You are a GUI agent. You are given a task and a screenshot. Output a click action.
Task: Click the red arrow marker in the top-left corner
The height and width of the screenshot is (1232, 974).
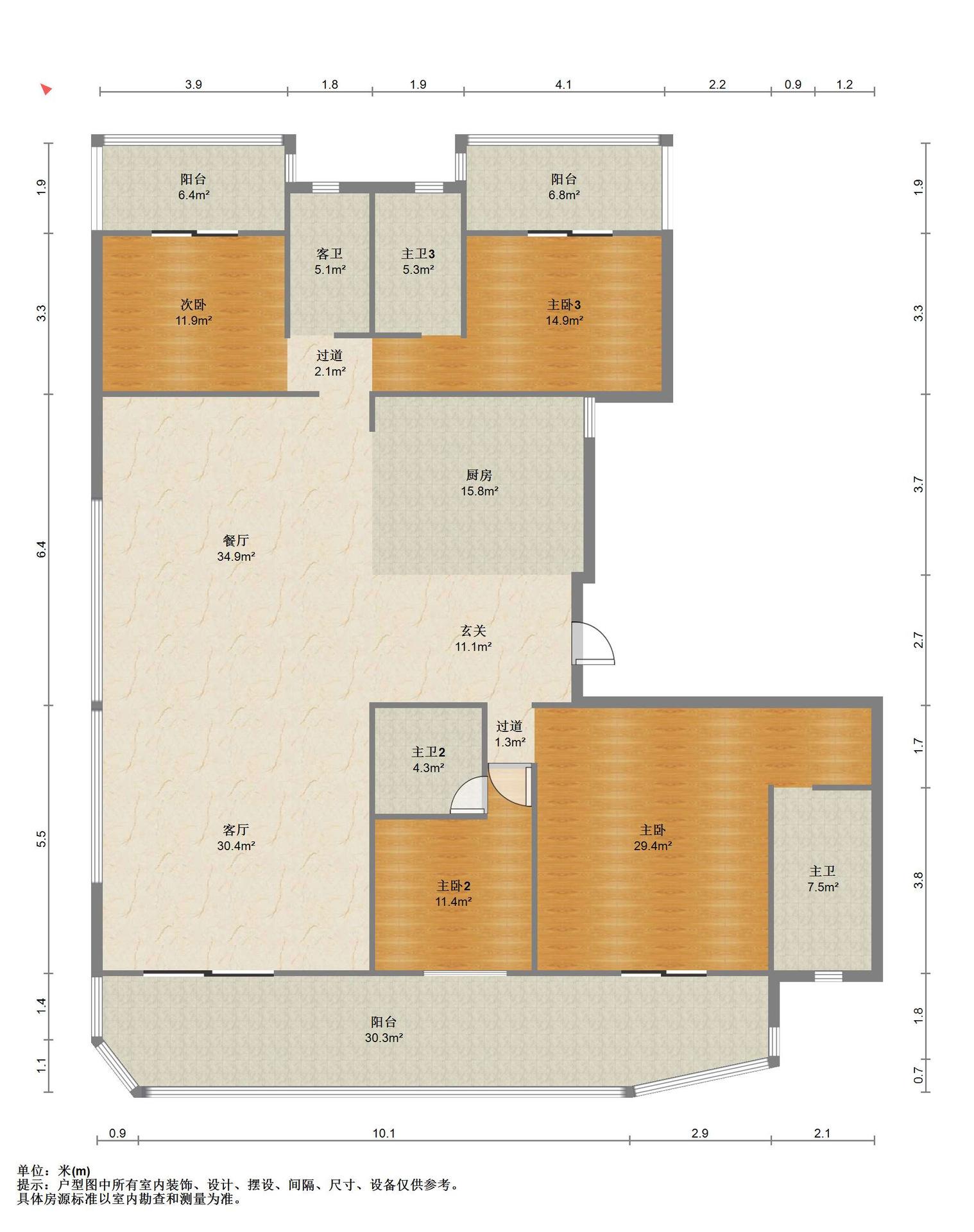[x=46, y=89]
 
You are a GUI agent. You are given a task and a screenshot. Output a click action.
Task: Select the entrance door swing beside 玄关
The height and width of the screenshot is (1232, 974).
[x=594, y=642]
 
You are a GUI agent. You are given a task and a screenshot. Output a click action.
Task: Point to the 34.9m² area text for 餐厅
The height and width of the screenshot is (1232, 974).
[x=236, y=556]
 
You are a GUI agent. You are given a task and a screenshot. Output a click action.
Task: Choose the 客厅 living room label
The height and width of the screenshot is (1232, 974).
[x=236, y=830]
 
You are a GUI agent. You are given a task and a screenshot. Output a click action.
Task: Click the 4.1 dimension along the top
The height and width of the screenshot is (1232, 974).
[x=563, y=85]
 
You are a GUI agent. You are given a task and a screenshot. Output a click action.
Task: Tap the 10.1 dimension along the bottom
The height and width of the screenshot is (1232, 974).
[x=384, y=1133]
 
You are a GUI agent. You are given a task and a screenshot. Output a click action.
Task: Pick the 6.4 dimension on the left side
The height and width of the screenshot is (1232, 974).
[x=42, y=549]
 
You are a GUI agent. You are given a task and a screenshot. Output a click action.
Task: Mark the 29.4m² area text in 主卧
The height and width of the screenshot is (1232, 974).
[x=653, y=846]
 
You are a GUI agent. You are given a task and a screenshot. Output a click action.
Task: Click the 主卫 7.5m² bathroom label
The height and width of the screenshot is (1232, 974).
[x=823, y=879]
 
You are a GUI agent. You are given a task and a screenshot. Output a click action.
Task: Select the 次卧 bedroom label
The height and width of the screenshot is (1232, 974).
[x=194, y=305]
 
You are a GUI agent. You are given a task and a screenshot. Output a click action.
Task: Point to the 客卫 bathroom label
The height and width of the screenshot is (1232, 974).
[x=330, y=254]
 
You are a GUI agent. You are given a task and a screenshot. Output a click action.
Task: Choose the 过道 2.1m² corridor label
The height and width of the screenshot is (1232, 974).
[x=330, y=363]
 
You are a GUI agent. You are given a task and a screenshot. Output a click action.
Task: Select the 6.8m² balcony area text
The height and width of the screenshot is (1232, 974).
[x=564, y=195]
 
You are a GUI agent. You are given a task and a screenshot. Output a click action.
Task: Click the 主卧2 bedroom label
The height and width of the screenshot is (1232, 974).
[x=454, y=886]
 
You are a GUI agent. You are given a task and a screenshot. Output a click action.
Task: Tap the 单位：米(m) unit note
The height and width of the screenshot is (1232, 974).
[x=54, y=1172]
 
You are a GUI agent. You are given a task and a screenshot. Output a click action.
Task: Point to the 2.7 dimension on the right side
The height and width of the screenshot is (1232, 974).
[x=918, y=640]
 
